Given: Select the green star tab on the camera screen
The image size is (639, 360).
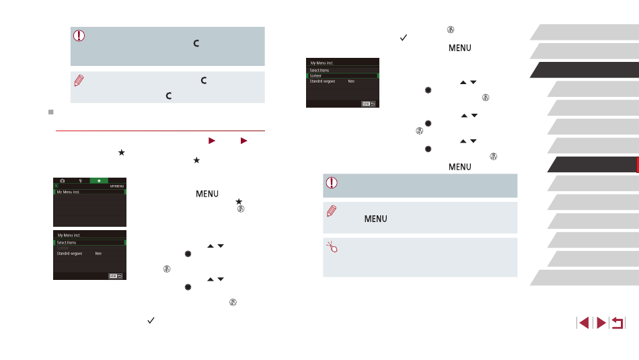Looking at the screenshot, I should coord(98,182).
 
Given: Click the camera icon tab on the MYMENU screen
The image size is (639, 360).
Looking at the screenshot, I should coord(63,182).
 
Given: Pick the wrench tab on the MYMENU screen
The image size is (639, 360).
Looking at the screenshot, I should coord(80,182).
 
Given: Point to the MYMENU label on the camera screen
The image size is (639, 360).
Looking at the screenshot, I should coord(116,186).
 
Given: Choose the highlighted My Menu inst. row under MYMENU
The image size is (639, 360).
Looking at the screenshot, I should coord(89,192).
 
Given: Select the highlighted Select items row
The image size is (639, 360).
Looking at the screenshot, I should coord(89,242).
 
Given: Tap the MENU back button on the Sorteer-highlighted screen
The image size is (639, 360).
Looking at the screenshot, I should coord(367,104).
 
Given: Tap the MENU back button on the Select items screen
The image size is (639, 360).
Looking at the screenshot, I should coord(116,276).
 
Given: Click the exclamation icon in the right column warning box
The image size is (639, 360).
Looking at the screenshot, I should coord(330,182).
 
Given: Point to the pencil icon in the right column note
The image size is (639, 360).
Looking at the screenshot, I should coord(330,211).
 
